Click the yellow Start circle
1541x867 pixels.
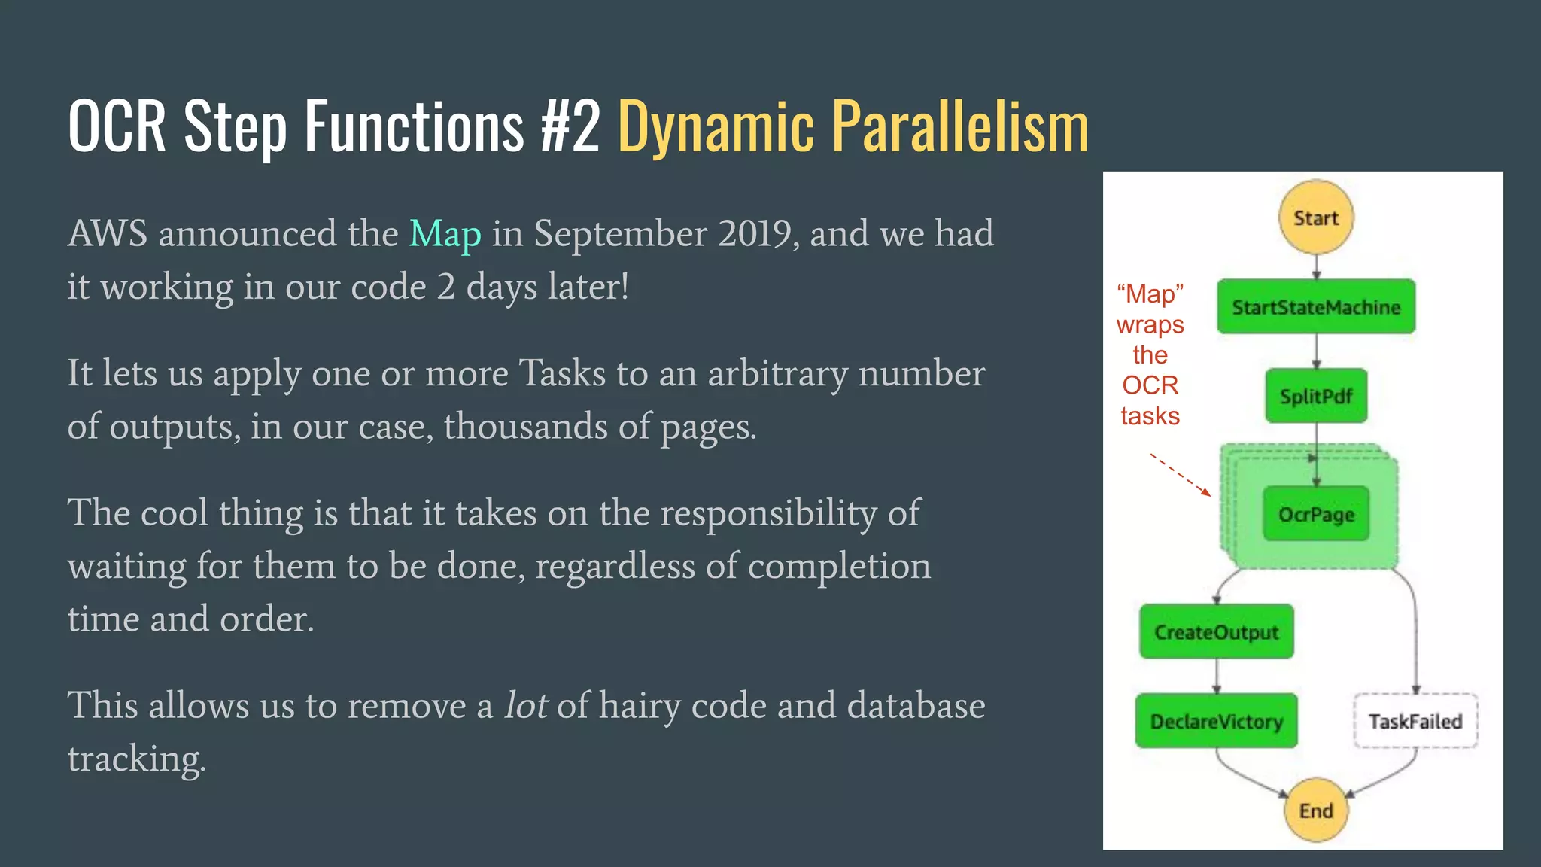[1316, 218]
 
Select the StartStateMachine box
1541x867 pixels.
[1316, 307]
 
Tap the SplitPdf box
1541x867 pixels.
[1316, 396]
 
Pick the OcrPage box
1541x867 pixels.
[1316, 514]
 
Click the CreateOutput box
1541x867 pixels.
[1216, 632]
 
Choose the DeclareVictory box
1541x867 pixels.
[1216, 721]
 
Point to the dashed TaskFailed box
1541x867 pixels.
[1415, 721]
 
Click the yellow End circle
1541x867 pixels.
[1316, 810]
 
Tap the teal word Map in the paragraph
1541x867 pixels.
[445, 234]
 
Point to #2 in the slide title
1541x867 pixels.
[570, 126]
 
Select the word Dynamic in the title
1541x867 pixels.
[716, 126]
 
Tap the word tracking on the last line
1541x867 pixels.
[136, 759]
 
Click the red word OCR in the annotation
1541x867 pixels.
[1150, 385]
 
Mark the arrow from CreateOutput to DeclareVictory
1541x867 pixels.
[1217, 676]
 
